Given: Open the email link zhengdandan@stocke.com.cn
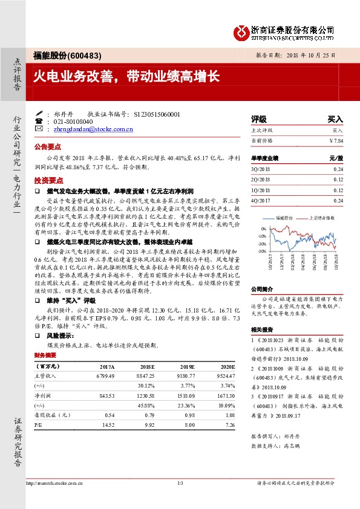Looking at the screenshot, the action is pos(93,129).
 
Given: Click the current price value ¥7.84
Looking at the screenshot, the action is pos(336,140).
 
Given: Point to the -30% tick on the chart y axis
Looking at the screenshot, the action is pos(262,251).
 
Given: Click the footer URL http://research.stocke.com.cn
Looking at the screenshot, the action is pos(56,483).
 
